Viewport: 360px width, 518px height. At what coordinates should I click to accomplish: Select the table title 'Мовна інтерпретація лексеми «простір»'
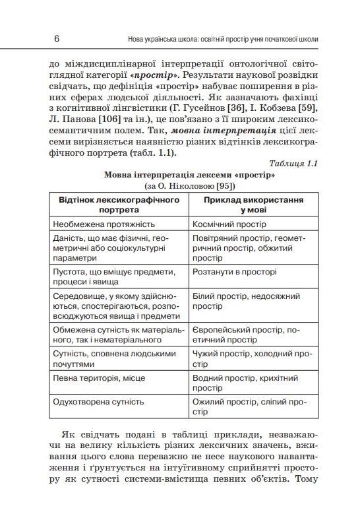pos(189,175)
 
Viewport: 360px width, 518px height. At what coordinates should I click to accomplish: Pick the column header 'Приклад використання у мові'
pos(253,203)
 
